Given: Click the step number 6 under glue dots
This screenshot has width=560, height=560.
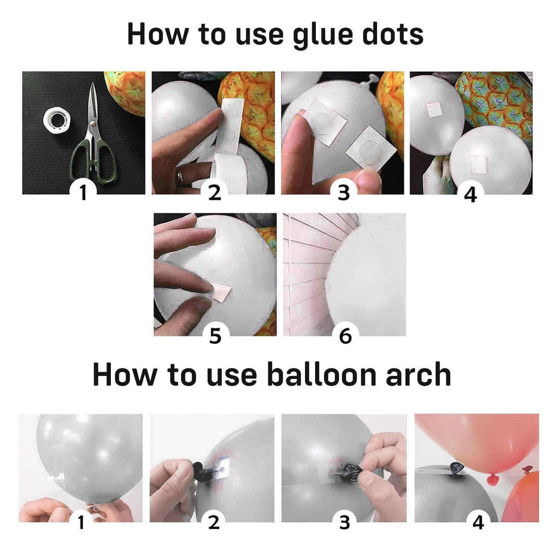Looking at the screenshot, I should point(345,335).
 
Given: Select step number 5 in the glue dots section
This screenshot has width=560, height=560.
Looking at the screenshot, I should point(215,335).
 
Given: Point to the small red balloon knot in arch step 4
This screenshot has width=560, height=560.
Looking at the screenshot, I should point(492,480).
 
